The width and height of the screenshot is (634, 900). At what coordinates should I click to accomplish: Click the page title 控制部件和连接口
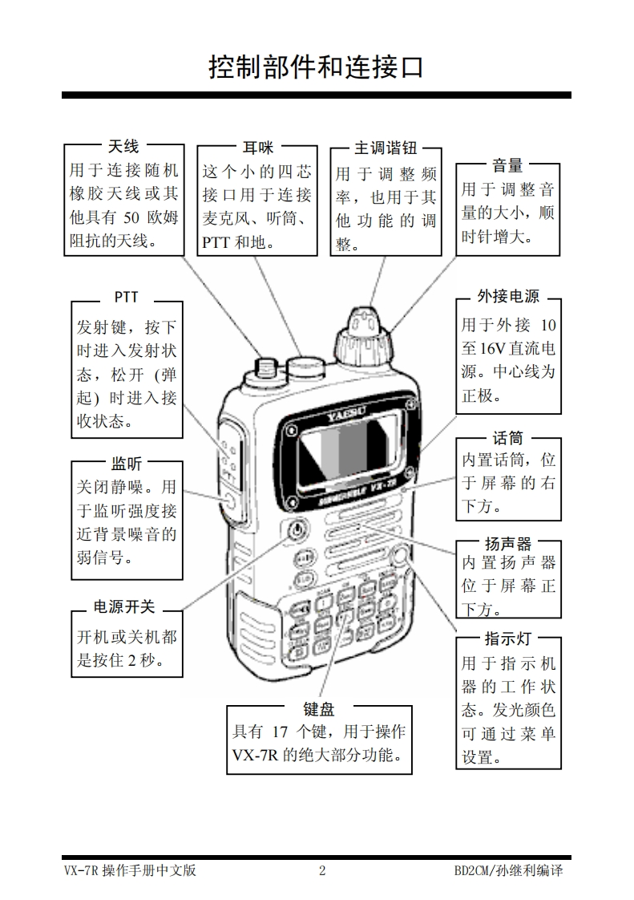316,67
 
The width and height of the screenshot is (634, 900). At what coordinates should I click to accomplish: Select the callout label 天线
123,146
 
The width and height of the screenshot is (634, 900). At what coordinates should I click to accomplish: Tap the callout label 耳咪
257,147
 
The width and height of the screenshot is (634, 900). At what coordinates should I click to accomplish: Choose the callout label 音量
507,165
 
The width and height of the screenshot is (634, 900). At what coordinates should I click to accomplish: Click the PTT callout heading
126,297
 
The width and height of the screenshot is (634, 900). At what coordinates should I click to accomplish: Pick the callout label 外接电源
508,296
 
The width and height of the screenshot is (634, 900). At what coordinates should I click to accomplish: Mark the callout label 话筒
507,438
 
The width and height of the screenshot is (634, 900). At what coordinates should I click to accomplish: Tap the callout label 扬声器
507,544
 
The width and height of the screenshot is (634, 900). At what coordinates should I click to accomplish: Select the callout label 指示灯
507,639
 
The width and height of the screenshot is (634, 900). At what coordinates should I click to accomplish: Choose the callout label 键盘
318,708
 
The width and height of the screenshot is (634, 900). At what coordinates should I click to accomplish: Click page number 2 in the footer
322,871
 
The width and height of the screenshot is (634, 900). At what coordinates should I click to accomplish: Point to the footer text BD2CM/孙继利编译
508,871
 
